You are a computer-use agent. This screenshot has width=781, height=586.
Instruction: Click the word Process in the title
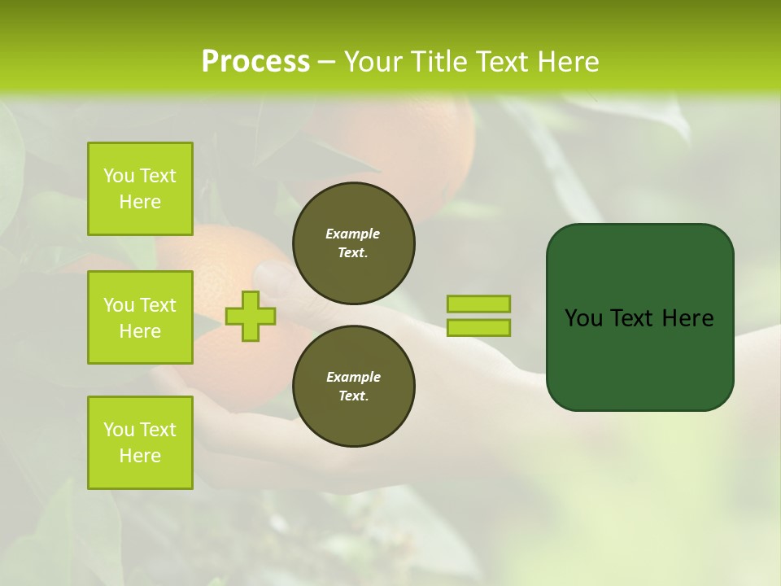point(255,62)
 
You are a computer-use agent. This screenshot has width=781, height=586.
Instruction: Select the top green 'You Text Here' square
point(140,189)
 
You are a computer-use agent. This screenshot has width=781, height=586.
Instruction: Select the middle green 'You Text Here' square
point(140,317)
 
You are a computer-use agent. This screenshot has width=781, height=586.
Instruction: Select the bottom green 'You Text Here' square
point(140,442)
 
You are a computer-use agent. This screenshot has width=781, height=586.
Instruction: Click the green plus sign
point(251,316)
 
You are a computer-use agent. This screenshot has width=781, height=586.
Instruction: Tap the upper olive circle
point(353,243)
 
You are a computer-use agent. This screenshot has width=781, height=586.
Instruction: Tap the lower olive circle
point(353,386)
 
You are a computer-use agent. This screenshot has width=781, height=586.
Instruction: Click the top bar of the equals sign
point(478,304)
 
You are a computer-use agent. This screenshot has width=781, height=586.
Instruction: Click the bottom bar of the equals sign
point(478,327)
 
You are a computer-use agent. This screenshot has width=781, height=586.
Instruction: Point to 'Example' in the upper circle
point(352,234)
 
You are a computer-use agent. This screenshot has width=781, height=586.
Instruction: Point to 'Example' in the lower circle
point(353,377)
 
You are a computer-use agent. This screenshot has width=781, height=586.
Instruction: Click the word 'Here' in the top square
point(140,202)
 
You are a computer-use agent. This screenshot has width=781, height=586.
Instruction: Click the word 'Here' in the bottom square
point(140,456)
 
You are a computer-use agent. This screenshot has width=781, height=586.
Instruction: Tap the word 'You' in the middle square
point(117,305)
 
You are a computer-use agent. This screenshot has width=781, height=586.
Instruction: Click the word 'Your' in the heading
point(376,62)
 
